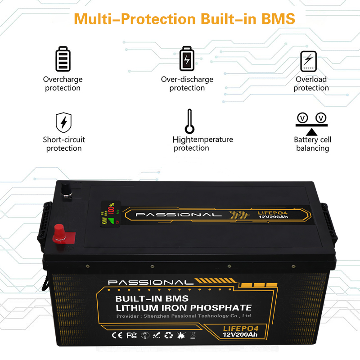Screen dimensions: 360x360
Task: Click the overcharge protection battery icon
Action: tap(63, 58)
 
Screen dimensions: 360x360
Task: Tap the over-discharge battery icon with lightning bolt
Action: tap(187, 58)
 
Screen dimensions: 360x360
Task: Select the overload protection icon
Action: tap(309, 60)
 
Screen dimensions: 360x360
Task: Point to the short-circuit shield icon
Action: tap(63, 122)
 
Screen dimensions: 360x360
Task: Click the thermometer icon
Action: tap(190, 121)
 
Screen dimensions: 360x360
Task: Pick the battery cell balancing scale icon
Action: tap(311, 122)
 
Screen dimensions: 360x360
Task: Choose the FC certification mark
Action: tap(131, 335)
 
